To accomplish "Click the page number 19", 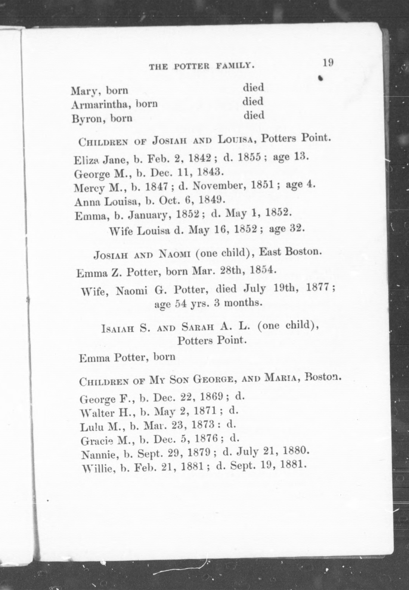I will pyautogui.click(x=328, y=63).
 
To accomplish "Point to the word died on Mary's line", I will pyautogui.click(x=253, y=88).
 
